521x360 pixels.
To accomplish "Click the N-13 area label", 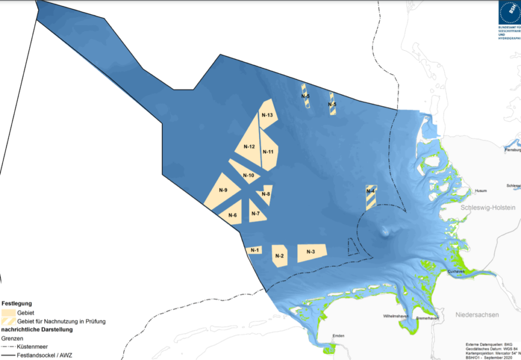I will [268, 116].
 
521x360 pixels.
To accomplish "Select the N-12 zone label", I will [249, 147].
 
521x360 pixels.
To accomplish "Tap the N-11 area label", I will [268, 152].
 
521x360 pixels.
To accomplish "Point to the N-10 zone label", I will [248, 176].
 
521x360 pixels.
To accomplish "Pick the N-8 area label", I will [266, 194].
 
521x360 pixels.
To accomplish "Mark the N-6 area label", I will [233, 215].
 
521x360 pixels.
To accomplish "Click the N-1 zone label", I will [254, 250].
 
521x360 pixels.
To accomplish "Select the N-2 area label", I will [278, 256].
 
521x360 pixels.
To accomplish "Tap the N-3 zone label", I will [310, 252].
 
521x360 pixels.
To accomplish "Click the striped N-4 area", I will [371, 198].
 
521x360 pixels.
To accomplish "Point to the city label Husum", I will [480, 191].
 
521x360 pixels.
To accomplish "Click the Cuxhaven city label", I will [457, 272].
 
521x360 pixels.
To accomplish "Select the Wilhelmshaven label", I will [397, 317].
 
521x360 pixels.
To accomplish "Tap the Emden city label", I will [338, 336].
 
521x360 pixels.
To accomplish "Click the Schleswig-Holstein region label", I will [488, 208].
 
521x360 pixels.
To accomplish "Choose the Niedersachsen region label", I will [477, 315].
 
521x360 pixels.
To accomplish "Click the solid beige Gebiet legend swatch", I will [9, 313].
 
